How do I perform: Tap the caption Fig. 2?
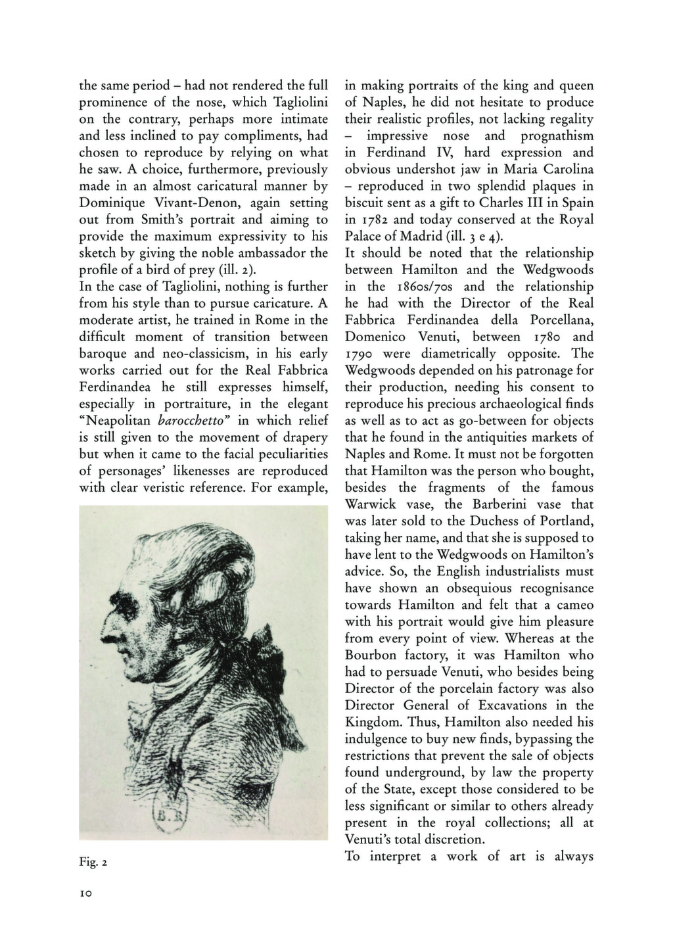[93, 862]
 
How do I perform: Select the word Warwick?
[371, 505]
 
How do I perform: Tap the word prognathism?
[557, 136]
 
